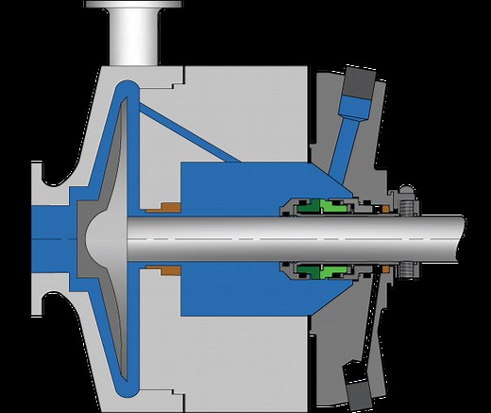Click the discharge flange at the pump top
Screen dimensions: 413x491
[x=131, y=7]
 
